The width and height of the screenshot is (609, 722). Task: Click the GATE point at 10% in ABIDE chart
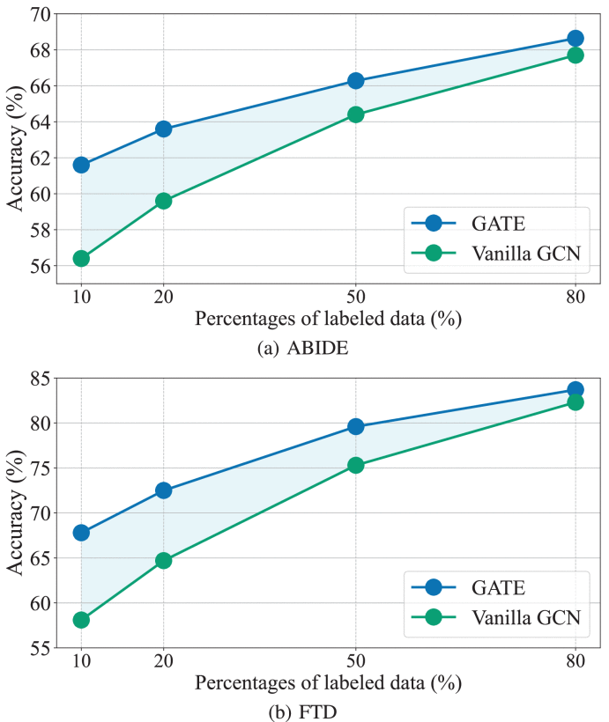pyautogui.click(x=81, y=165)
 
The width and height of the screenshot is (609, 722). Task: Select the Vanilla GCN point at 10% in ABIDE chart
pyautogui.click(x=81, y=258)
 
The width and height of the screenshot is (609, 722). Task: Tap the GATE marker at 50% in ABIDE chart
pyautogui.click(x=356, y=81)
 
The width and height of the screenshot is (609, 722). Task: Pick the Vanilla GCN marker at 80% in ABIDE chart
pyautogui.click(x=576, y=55)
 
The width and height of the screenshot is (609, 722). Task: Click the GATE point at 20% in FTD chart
pyautogui.click(x=163, y=490)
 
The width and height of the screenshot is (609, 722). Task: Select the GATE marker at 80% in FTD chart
pyautogui.click(x=576, y=389)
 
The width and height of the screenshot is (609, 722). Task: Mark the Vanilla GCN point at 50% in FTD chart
pyautogui.click(x=356, y=465)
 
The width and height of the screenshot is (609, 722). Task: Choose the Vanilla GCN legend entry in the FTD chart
pyautogui.click(x=496, y=618)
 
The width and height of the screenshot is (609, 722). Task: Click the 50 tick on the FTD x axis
pyautogui.click(x=356, y=660)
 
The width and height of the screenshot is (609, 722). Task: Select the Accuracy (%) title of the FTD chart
pyautogui.click(x=15, y=512)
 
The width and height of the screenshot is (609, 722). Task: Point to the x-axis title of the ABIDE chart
pyautogui.click(x=327, y=319)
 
